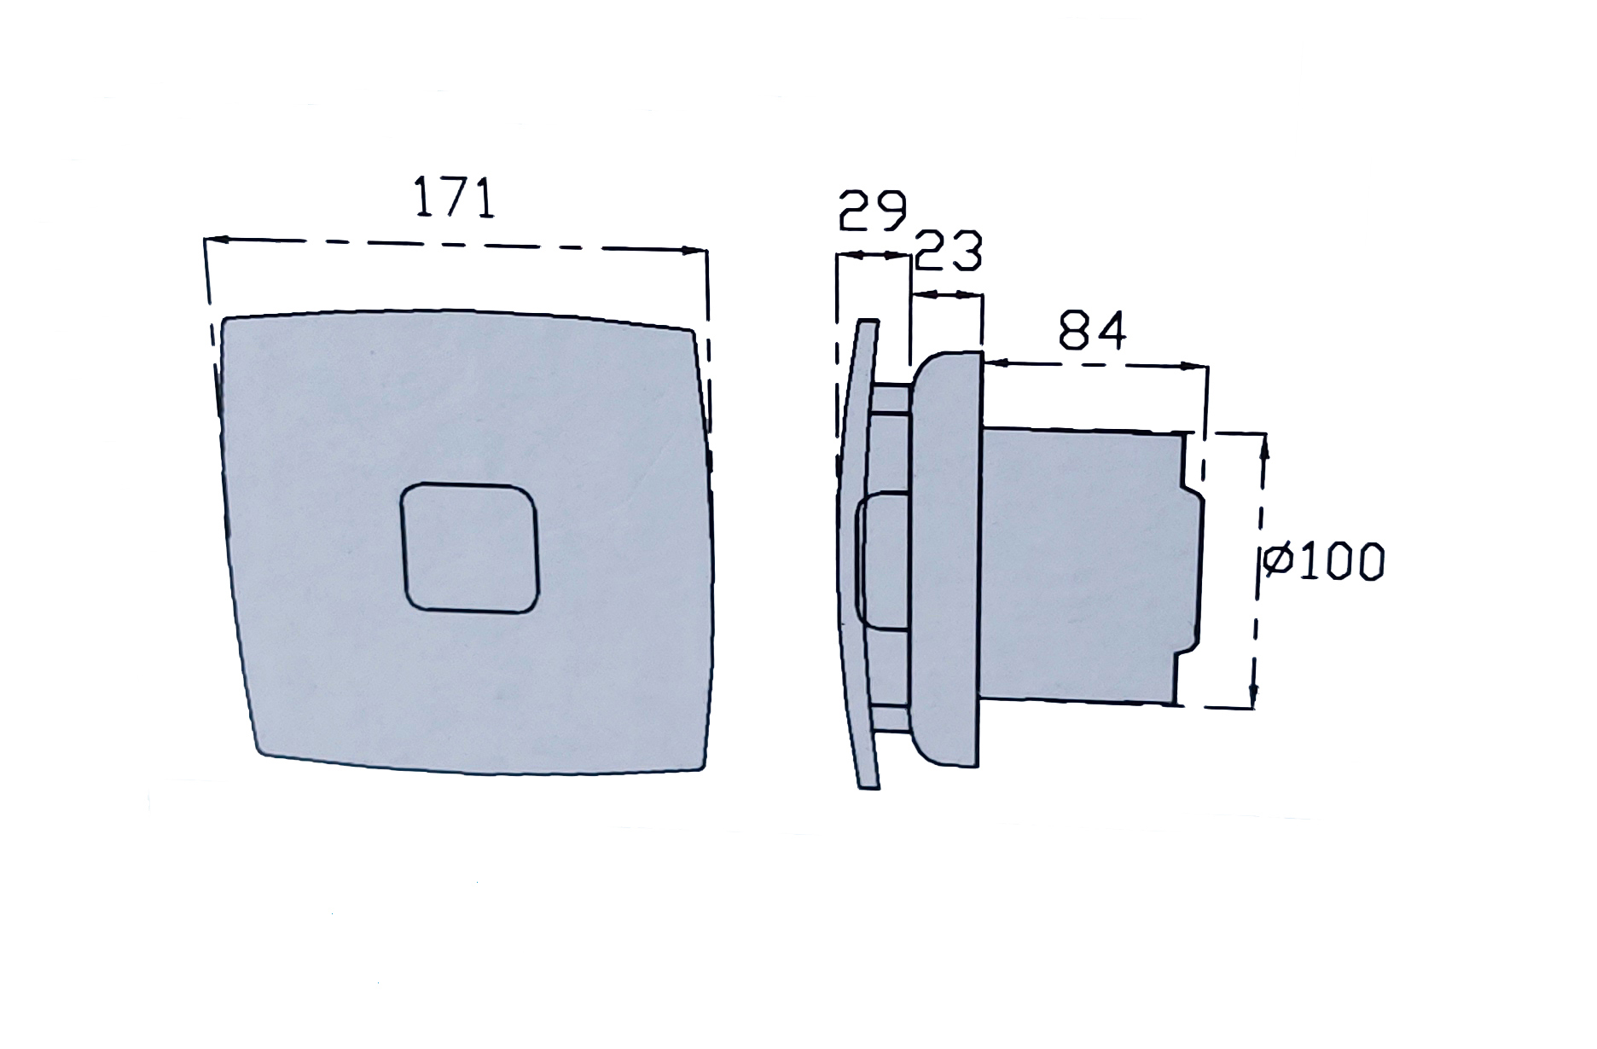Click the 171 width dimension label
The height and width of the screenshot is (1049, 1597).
pos(454,197)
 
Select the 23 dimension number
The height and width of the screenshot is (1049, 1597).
pos(948,250)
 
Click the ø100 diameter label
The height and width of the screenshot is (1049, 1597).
pos(1324,562)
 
